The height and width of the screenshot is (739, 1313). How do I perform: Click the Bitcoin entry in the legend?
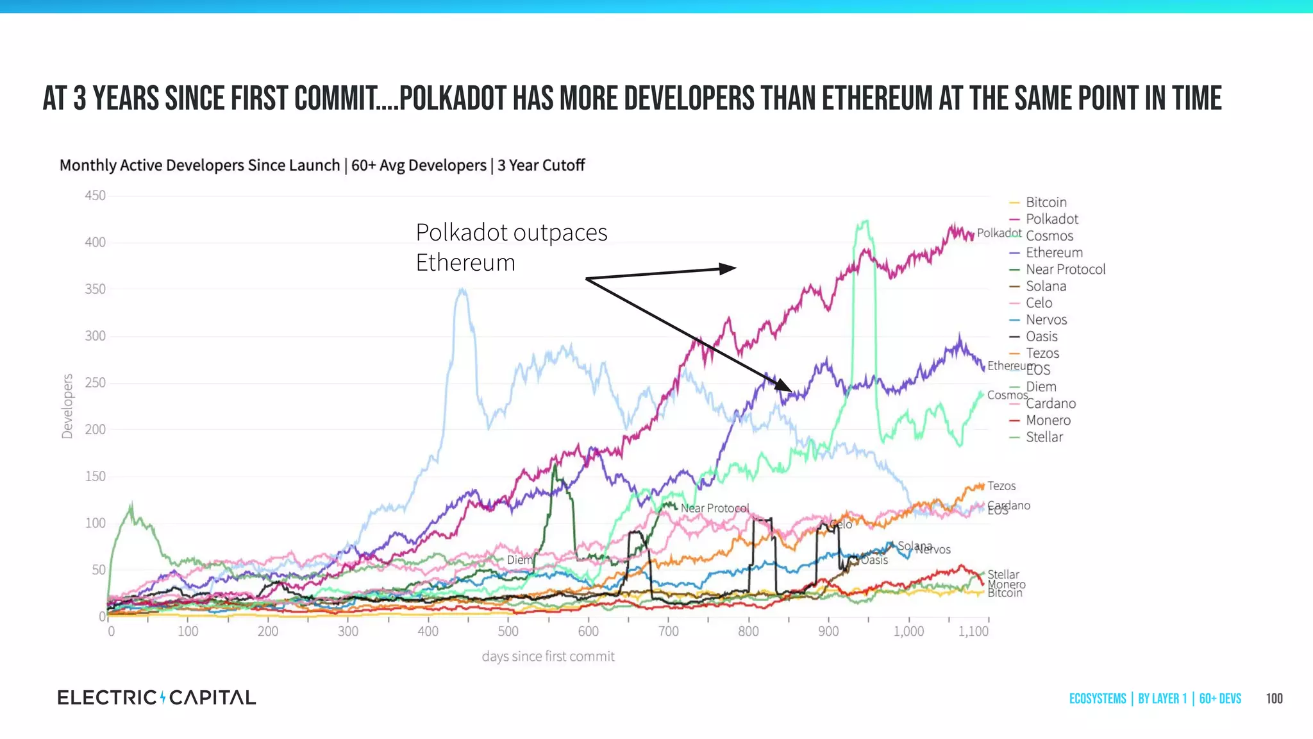coord(1046,202)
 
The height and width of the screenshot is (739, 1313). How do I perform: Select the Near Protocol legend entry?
coord(1065,269)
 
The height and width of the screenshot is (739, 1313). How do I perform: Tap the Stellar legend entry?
coord(1044,437)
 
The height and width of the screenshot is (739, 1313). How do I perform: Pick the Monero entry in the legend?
coord(1048,420)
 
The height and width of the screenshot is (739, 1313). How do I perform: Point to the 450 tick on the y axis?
coord(95,196)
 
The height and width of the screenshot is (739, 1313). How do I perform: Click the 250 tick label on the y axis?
coord(95,383)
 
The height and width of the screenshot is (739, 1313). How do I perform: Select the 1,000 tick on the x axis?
coord(908,631)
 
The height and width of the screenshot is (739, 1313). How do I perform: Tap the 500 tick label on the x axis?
coord(508,631)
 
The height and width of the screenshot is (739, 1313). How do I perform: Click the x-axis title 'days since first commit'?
coord(548,656)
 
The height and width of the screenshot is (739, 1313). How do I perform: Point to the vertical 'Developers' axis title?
coord(67,406)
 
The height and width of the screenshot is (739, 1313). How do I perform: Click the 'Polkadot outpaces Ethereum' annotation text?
coord(511,247)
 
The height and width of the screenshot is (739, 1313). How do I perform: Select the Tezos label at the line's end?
coord(1001,486)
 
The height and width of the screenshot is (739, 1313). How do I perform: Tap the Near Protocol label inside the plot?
coord(714,508)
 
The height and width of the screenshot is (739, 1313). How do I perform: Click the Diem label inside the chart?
coord(519,560)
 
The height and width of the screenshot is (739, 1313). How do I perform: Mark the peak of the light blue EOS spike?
coord(462,290)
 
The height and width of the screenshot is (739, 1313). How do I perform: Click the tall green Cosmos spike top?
coord(864,222)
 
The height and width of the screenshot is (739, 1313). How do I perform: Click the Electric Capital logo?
coord(156,697)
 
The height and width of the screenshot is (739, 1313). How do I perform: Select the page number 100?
coord(1274,699)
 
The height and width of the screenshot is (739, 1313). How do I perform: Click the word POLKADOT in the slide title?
coord(453,99)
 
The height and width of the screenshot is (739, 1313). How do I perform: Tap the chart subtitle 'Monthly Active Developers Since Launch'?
coord(199,166)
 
